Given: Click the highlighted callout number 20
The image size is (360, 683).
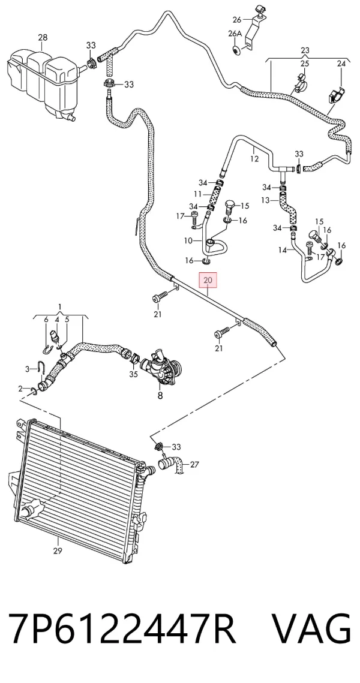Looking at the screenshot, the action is [208, 280].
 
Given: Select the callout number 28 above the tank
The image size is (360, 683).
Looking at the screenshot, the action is [43, 38].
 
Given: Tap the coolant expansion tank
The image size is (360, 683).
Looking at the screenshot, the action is [42, 83].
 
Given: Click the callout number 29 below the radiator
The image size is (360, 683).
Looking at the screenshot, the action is [58, 551].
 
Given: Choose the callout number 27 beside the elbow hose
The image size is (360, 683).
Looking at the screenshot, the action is [194, 465].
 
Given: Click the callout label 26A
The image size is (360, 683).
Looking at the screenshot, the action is [235, 34].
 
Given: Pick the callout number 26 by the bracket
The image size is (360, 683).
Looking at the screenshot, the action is [236, 20].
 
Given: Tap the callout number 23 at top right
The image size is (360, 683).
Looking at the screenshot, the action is [305, 50].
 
